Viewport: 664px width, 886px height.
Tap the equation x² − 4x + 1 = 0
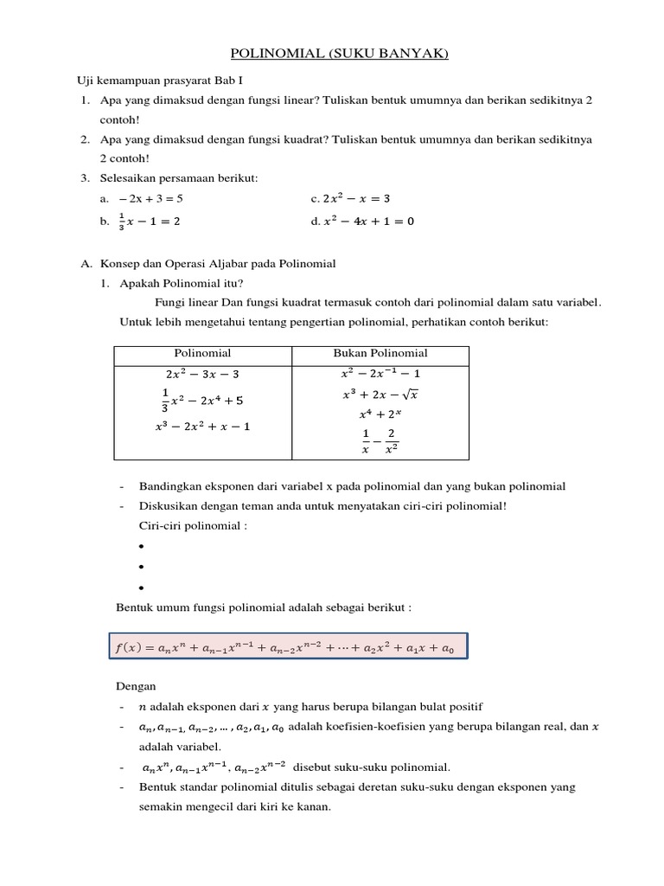point(368,221)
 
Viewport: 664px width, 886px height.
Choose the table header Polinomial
point(202,353)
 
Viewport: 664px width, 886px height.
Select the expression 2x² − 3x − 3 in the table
point(202,375)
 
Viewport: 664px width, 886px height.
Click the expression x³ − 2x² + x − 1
point(204,426)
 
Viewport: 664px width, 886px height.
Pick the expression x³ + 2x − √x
point(380,395)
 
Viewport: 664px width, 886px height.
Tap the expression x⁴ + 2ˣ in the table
point(380,414)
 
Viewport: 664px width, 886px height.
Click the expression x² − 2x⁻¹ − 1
point(380,374)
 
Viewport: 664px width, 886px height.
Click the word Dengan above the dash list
point(136,686)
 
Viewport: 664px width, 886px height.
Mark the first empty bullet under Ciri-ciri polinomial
point(140,547)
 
